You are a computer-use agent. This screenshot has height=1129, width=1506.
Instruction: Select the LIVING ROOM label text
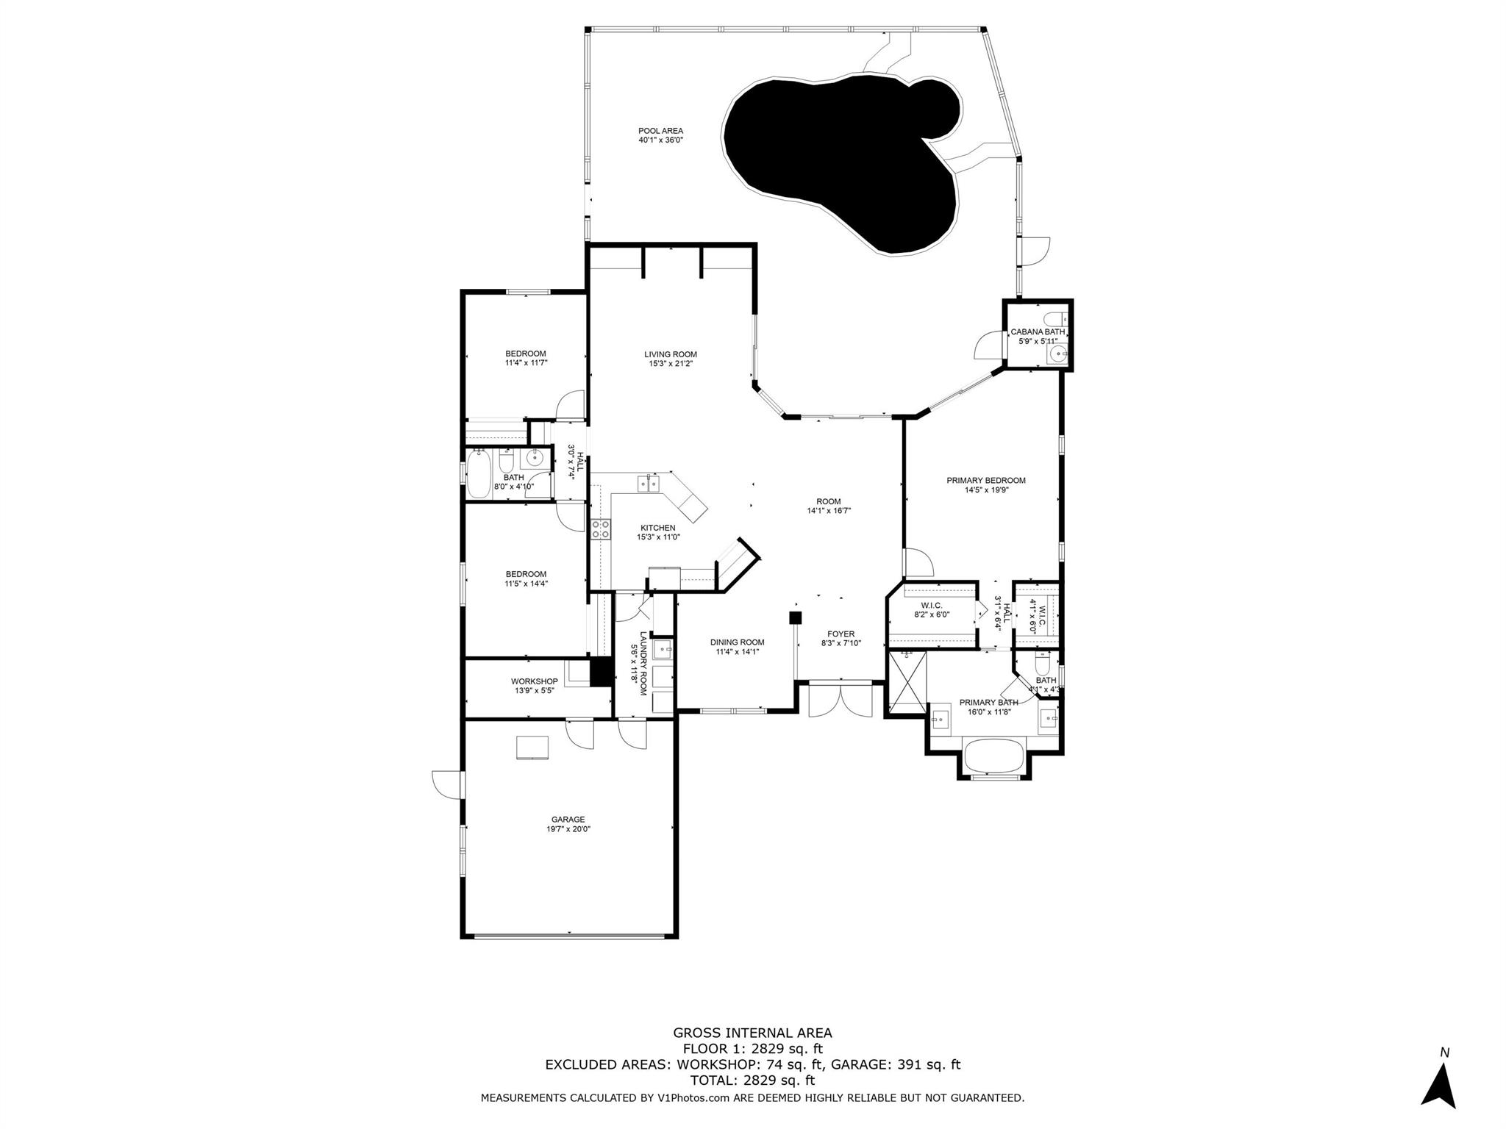click(x=671, y=355)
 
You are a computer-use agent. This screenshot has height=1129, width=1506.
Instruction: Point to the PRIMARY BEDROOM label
click(x=985, y=481)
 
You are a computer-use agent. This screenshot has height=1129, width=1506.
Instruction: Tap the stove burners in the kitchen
click(x=601, y=529)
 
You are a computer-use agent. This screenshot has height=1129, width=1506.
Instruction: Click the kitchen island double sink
click(x=649, y=483)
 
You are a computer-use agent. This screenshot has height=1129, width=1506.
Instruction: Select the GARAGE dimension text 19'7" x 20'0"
click(x=568, y=829)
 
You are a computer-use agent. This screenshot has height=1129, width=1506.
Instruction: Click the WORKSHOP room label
click(x=535, y=681)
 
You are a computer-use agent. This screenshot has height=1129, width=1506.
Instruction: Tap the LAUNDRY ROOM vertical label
click(x=643, y=664)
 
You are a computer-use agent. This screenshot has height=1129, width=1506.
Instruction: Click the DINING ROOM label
click(x=737, y=642)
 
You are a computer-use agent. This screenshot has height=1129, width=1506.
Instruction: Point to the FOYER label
click(x=841, y=634)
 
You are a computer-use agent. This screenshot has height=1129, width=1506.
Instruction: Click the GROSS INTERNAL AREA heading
click(x=752, y=1033)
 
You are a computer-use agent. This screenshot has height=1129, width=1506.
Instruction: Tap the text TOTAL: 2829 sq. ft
click(x=752, y=1080)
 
